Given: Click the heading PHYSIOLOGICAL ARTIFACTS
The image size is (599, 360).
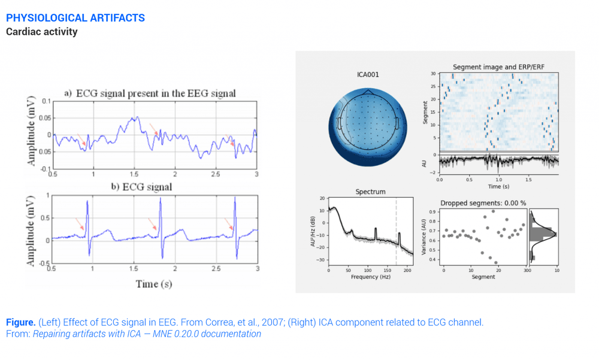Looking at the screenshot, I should click(75, 18).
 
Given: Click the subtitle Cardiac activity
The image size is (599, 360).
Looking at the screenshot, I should click(42, 32).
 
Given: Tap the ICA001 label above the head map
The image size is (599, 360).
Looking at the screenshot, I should click(368, 75).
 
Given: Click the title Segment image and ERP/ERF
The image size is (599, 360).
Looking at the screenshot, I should click(498, 66).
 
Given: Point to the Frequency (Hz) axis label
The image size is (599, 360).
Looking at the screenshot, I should click(370, 277).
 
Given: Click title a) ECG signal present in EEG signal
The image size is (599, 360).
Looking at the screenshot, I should click(150, 93).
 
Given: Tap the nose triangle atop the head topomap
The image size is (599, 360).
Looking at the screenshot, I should click(368, 92).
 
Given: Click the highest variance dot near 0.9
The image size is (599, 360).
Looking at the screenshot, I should click(493, 211).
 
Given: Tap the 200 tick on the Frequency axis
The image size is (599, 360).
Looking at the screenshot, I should click(406, 271).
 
